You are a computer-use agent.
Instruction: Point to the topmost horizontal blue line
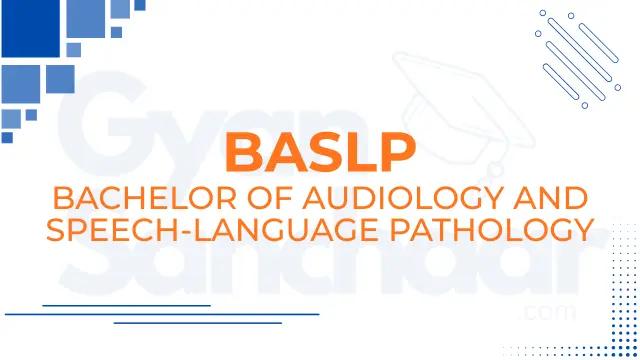(x=127, y=304)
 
